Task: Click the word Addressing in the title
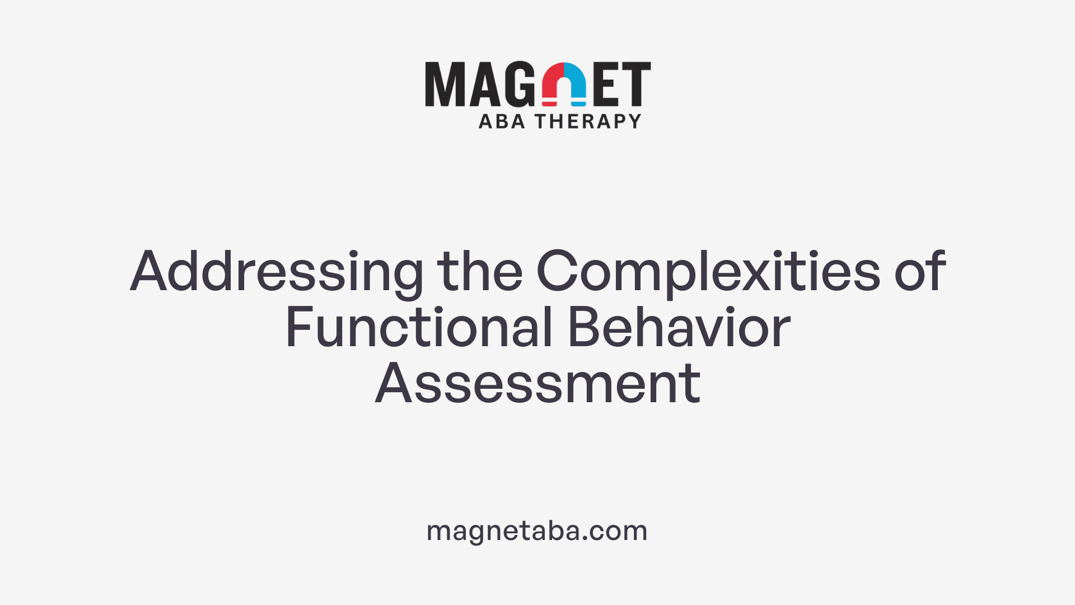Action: (277, 272)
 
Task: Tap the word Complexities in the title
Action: (708, 272)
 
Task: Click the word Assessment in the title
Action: (537, 384)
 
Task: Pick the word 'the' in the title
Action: (480, 272)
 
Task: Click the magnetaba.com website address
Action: (537, 531)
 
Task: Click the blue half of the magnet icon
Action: (577, 83)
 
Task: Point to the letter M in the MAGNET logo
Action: (446, 84)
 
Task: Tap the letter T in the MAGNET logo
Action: (635, 84)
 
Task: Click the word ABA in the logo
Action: (502, 121)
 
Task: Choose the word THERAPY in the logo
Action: (588, 121)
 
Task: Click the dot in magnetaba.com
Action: (585, 539)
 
